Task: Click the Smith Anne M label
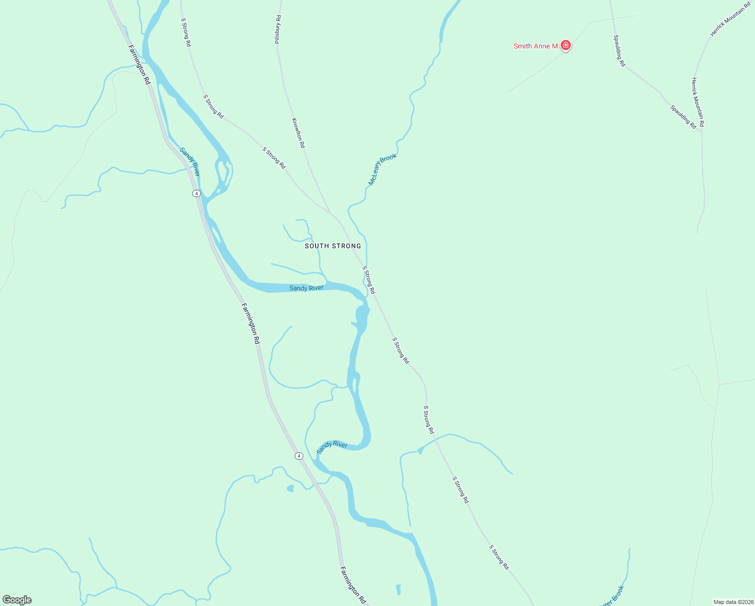[x=535, y=46]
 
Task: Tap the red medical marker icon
[x=566, y=45]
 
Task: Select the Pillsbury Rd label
[x=278, y=29]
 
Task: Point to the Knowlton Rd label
[x=298, y=133]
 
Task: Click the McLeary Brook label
[x=383, y=169]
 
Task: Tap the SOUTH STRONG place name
[x=333, y=246]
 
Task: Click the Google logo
[x=17, y=600]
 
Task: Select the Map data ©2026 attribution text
[x=733, y=601]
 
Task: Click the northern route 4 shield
[x=196, y=193]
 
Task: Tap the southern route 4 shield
[x=299, y=456]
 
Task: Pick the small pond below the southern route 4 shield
[x=290, y=488]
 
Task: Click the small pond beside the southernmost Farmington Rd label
[x=398, y=589]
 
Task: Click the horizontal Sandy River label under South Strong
[x=306, y=288]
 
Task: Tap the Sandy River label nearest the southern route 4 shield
[x=332, y=446]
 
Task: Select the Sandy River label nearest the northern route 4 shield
[x=190, y=162]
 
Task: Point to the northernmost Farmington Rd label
[x=139, y=65]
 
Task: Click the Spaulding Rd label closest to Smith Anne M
[x=619, y=50]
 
